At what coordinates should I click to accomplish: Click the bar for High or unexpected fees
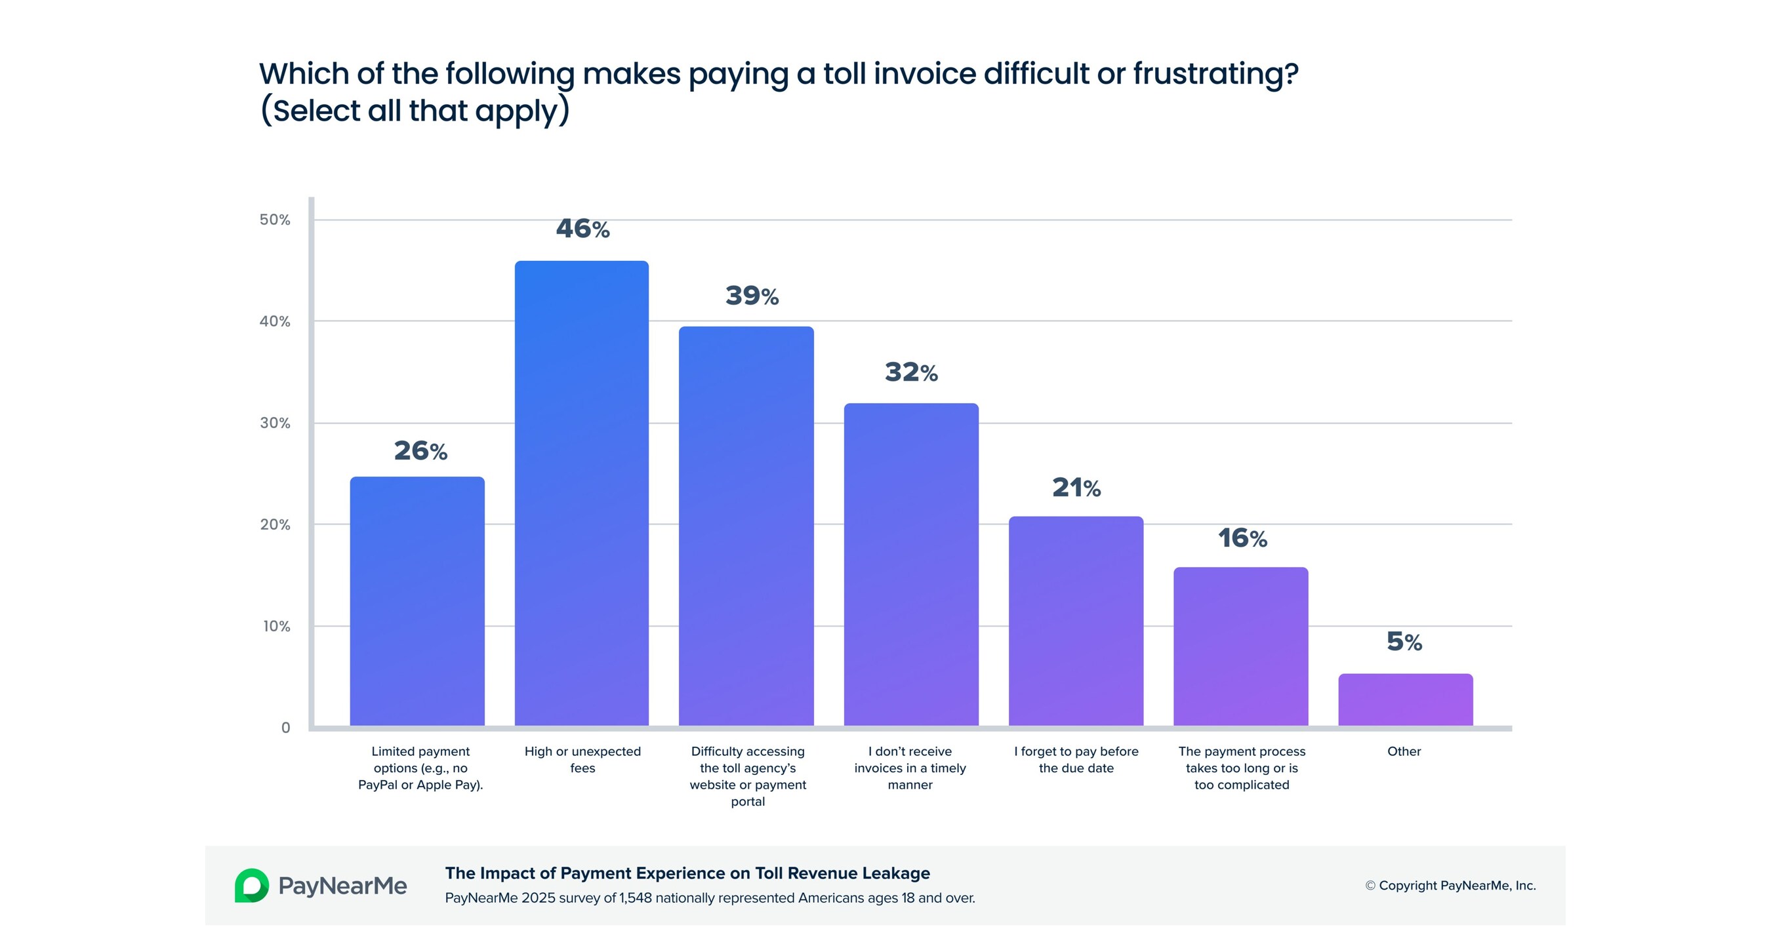[x=582, y=493]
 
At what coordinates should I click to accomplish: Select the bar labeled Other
[x=1404, y=700]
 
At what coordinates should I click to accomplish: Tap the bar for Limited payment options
[x=417, y=601]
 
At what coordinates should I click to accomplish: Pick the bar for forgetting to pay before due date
[x=1076, y=621]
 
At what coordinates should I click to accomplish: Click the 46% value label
[x=582, y=229]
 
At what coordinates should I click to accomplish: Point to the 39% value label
[x=752, y=296]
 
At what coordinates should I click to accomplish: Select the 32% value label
[x=911, y=372]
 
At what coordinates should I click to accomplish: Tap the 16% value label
[x=1242, y=538]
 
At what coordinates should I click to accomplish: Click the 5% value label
[x=1404, y=642]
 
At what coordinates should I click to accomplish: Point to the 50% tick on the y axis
[x=275, y=220]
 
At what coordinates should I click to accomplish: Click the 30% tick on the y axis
[x=275, y=424]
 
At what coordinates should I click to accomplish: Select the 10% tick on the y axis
[x=276, y=626]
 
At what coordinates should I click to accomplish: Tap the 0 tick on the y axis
[x=286, y=728]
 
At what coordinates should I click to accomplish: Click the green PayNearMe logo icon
[x=252, y=885]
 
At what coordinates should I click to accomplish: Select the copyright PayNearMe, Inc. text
[x=1450, y=885]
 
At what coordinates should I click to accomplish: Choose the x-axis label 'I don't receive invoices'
[x=910, y=768]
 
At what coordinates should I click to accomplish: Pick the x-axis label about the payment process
[x=1242, y=768]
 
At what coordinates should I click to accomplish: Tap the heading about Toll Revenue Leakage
[x=687, y=873]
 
